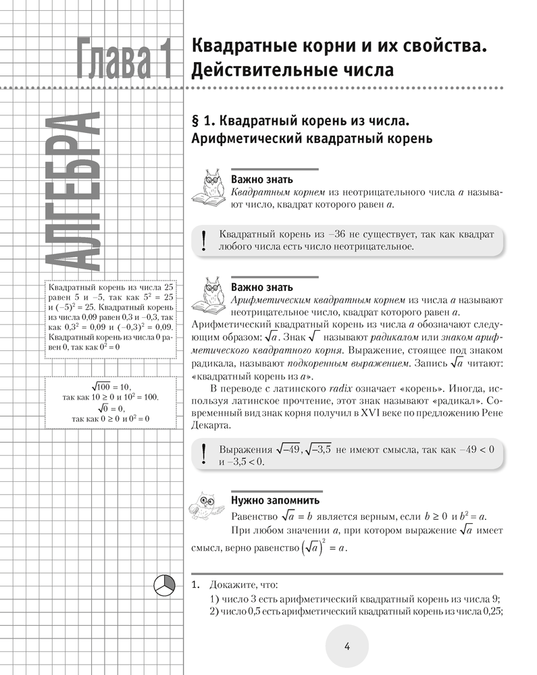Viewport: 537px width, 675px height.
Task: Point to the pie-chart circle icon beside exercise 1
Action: [x=165, y=584]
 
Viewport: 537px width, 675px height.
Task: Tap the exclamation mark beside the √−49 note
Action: [x=203, y=454]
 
